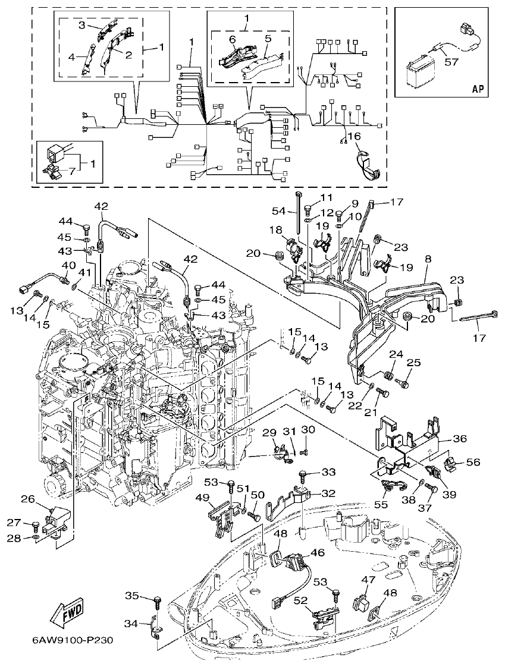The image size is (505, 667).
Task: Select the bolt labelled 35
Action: (158, 601)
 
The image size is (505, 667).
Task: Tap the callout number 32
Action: (329, 493)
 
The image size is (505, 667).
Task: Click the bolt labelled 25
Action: (404, 383)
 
